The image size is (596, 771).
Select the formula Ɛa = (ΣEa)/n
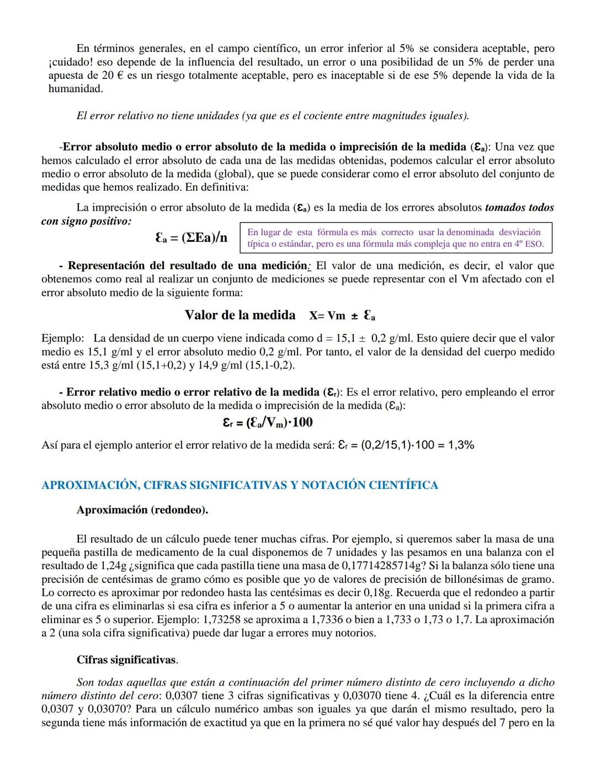tap(191, 238)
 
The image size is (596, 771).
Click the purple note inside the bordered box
tap(395, 238)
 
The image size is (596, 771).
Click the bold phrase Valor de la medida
tap(240, 315)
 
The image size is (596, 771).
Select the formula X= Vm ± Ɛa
tap(342, 316)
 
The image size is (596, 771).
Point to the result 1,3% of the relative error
tap(461, 445)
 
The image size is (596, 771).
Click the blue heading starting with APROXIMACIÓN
tap(240, 485)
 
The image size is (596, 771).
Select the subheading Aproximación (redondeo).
tap(142, 510)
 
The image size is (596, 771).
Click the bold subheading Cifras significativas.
tap(127, 660)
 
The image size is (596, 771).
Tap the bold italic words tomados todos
tap(519, 208)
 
